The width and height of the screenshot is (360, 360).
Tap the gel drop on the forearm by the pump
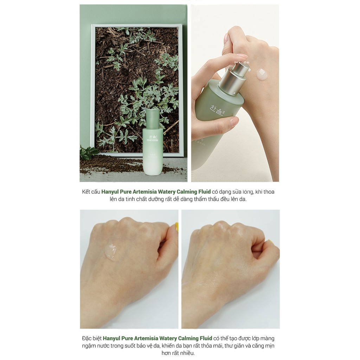(x=262, y=74)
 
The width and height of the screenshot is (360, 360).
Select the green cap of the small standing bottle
(x=153, y=118)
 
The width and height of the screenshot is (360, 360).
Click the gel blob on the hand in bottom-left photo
(x=110, y=252)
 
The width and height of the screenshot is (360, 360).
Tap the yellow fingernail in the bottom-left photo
(x=177, y=227)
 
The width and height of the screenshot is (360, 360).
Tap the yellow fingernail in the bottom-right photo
(x=270, y=242)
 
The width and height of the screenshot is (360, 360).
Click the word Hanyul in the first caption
(x=111, y=192)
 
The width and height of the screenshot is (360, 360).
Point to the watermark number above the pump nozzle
(x=242, y=63)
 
